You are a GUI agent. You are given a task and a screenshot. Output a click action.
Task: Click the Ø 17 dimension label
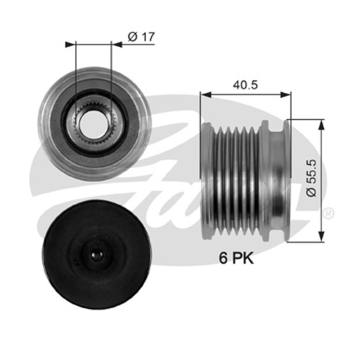point(141,37)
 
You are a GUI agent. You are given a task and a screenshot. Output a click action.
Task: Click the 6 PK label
point(236,258)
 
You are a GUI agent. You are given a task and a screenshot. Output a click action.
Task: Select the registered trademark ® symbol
point(329,213)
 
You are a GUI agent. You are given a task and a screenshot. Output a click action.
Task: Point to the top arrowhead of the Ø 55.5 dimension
point(321,123)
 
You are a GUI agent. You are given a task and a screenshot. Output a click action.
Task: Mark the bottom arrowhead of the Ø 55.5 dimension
point(321,237)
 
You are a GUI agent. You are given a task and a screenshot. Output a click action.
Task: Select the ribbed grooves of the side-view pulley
point(236,180)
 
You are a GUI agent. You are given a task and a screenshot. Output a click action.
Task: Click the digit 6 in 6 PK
point(223,258)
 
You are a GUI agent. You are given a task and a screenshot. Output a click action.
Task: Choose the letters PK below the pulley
point(243,258)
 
